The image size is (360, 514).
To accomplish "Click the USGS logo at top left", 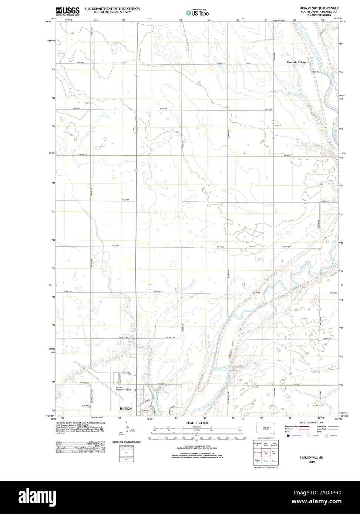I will click(x=67, y=11).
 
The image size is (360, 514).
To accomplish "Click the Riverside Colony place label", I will click(x=296, y=62).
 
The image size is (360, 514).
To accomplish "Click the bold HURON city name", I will click(x=125, y=408).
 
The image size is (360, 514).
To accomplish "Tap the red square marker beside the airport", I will click(x=136, y=390).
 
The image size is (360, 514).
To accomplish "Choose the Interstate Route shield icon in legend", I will click(x=287, y=436).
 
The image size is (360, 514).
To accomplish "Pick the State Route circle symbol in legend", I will click(x=327, y=436).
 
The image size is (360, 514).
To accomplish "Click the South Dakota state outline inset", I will click(x=266, y=429).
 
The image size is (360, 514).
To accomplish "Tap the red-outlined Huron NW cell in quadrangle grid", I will click(x=265, y=452).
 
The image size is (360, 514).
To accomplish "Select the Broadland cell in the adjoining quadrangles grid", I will click(x=257, y=452).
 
